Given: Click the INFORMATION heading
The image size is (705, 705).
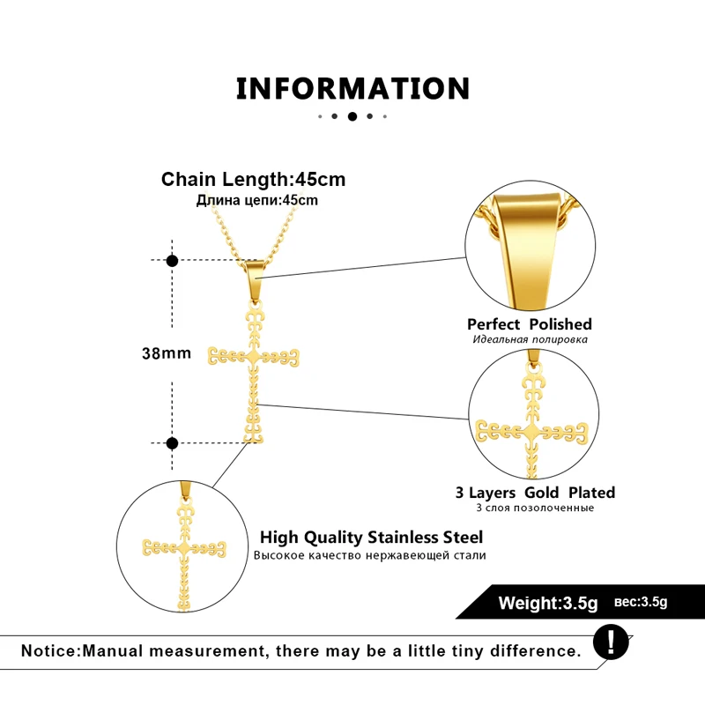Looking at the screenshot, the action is [353, 88].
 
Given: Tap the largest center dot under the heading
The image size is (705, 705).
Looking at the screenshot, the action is [352, 116].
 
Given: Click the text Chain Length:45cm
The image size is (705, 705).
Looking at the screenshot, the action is [254, 180].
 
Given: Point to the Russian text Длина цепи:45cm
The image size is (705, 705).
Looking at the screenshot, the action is [257, 200].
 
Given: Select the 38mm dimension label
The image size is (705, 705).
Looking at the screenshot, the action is [167, 353].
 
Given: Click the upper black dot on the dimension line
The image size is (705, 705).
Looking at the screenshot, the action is [172, 261].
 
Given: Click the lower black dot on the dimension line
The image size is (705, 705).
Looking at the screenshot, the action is [172, 443].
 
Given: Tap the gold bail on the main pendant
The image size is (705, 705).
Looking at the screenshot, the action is [255, 281].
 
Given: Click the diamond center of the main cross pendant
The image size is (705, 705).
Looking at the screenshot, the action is [254, 358].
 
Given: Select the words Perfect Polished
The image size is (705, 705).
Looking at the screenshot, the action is [530, 324].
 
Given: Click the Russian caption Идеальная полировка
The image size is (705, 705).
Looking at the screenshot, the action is [531, 339].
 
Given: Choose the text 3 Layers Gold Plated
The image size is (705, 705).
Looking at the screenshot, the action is [535, 493].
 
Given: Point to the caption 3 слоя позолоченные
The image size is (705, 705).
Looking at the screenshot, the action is [535, 508].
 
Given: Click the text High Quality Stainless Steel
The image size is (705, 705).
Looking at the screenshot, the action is [371, 538].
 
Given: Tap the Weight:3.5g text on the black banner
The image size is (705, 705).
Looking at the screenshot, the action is [548, 603].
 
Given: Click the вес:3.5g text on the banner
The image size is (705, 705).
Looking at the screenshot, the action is [641, 602].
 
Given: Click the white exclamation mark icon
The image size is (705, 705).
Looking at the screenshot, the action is [611, 642].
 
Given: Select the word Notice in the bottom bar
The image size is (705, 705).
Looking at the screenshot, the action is [49, 651].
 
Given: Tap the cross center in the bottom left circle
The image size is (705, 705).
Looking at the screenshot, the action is [184, 548].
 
